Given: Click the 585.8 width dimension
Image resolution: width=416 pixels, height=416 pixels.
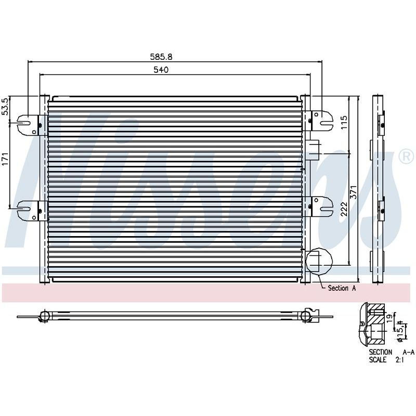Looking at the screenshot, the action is pos(161,57).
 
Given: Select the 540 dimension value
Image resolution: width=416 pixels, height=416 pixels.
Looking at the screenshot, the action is pos(161,70).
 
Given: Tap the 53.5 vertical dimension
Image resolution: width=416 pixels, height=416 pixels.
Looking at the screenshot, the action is pos(5,107).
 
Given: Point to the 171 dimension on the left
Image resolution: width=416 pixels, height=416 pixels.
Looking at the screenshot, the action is pos(6,159).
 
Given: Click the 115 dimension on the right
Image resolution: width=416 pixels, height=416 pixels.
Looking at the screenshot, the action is pos(344,122).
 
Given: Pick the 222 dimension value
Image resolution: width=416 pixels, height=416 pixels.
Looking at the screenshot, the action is pos(344,209).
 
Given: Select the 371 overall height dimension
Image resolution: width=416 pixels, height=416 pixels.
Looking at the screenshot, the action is pos(354,192).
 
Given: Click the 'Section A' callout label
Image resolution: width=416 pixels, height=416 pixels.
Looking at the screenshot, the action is pos(342,288).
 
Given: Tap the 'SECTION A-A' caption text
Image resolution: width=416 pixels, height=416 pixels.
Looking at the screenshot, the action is pos(392,352).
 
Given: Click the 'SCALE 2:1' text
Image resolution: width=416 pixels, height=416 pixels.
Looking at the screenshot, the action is pos(386,360).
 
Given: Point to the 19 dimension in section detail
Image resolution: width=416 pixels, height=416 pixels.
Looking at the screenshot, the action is pos(389,317).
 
